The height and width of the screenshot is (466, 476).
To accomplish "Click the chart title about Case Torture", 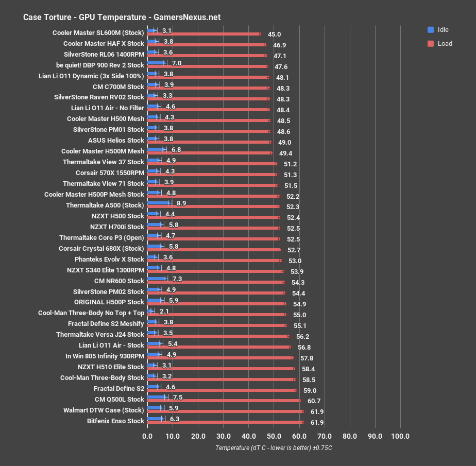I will click(122, 17).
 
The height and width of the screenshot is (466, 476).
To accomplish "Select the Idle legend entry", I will click(443, 29).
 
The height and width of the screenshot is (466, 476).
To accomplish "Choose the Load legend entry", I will click(444, 44).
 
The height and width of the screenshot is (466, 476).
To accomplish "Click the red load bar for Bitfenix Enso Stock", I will click(225, 422).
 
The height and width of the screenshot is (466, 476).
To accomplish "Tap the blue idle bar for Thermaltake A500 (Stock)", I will click(158, 203).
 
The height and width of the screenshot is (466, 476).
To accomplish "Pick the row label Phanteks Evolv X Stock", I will click(109, 259).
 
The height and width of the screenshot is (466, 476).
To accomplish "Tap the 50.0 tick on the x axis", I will click(274, 437).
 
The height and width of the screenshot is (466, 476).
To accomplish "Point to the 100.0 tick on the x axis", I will click(400, 437).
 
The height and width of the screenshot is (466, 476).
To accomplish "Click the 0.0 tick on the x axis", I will click(147, 437).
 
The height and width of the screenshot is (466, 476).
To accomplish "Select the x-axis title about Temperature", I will click(274, 448).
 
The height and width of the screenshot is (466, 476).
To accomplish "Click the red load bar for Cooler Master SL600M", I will click(203, 34).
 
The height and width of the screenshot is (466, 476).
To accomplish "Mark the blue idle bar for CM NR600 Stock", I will click(157, 279).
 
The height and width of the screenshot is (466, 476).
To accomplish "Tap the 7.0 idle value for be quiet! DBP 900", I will click(177, 63).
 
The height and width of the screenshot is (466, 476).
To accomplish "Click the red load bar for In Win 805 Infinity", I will click(220, 357).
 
